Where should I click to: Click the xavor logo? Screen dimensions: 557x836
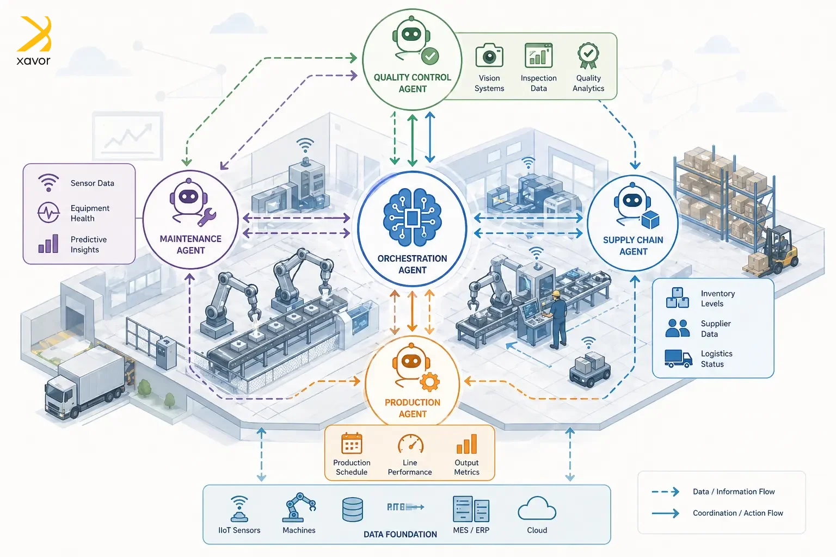pos(34,41)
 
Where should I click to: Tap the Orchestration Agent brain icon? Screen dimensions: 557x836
pos(412,218)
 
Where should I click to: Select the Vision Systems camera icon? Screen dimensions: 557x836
pos(489,56)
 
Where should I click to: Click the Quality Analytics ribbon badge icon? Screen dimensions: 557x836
pos(588,56)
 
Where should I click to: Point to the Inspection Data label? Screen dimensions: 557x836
pos(538,83)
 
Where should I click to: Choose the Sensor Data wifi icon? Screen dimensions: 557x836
pos(48,182)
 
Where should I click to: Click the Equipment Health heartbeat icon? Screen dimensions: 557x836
pos(48,212)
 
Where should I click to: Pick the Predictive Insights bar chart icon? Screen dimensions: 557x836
pos(48,244)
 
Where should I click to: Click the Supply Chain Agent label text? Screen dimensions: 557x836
pos(633,246)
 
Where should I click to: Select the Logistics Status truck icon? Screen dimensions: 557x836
pos(678,358)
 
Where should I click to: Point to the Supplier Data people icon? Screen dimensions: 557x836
pos(678,328)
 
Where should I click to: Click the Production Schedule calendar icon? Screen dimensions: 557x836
pos(352,443)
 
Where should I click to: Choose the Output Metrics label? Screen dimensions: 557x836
pos(466,467)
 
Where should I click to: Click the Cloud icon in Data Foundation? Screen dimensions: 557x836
pos(537,510)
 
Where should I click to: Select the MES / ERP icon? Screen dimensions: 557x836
pos(471,510)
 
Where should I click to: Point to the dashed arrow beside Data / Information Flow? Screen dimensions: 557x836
pos(665,492)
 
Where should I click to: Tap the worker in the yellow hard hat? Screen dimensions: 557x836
pos(556,318)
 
